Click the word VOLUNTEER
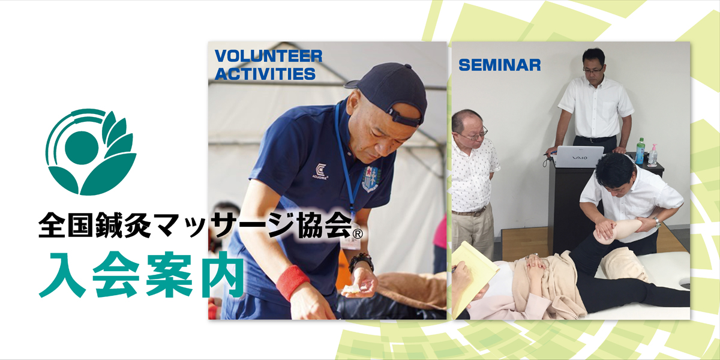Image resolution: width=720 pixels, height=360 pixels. point(268,56)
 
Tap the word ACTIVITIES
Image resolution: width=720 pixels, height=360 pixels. point(265,74)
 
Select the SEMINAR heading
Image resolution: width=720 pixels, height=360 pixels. point(500,65)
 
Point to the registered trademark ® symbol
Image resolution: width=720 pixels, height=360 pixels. point(358,231)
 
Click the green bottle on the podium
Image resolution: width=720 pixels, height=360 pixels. point(640,151)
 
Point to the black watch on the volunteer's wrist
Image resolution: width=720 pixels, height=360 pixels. point(361,262)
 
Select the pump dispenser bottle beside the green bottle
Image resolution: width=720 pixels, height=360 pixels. point(652,155)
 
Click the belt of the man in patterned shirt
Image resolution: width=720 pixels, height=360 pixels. point(470,212)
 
